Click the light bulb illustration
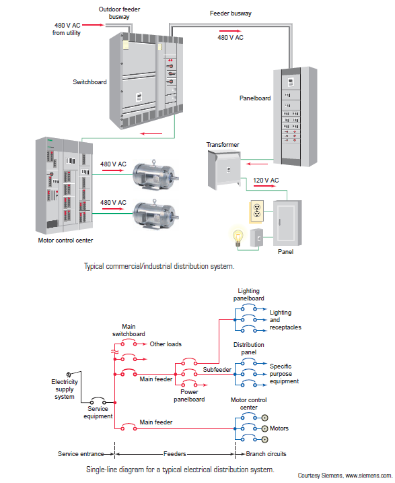coord(236,238)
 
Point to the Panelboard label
coord(255,98)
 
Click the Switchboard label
coord(89,82)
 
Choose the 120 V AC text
coord(266,181)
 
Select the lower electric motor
coord(157,214)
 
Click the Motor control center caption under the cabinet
coord(66,240)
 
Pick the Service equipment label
coord(98,412)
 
